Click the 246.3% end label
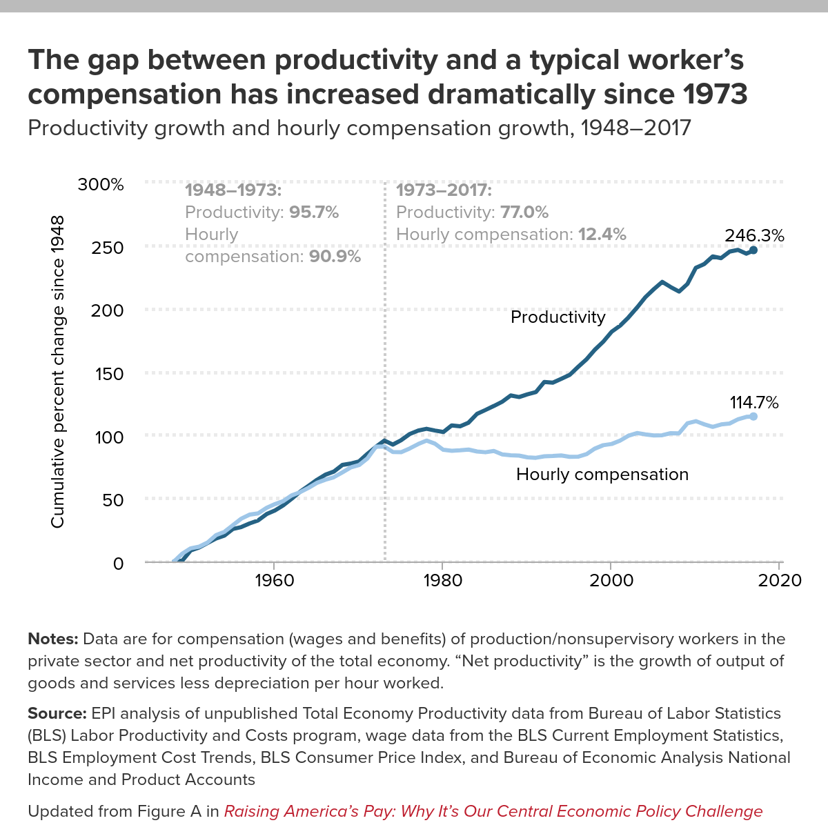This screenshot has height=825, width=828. (x=754, y=235)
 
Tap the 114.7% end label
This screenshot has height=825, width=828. (x=754, y=402)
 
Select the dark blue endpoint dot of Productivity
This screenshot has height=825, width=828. (x=753, y=250)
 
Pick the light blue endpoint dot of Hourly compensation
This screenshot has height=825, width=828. (x=753, y=416)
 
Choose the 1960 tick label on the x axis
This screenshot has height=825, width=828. (x=274, y=580)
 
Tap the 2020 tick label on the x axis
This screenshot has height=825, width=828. (x=780, y=580)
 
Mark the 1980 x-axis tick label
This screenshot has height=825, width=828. (x=442, y=580)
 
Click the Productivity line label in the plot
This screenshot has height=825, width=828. (x=558, y=317)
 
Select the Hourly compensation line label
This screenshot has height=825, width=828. (x=602, y=475)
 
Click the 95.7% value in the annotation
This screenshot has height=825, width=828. (x=314, y=212)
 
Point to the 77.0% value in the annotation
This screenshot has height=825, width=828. (x=524, y=212)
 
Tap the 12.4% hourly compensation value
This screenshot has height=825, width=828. (x=602, y=235)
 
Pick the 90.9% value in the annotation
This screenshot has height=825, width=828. (x=335, y=257)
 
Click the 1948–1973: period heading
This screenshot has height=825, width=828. (x=233, y=190)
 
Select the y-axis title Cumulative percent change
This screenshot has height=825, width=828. (x=57, y=372)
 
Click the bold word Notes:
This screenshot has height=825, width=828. (x=52, y=639)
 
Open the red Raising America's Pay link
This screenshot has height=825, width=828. (x=493, y=811)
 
